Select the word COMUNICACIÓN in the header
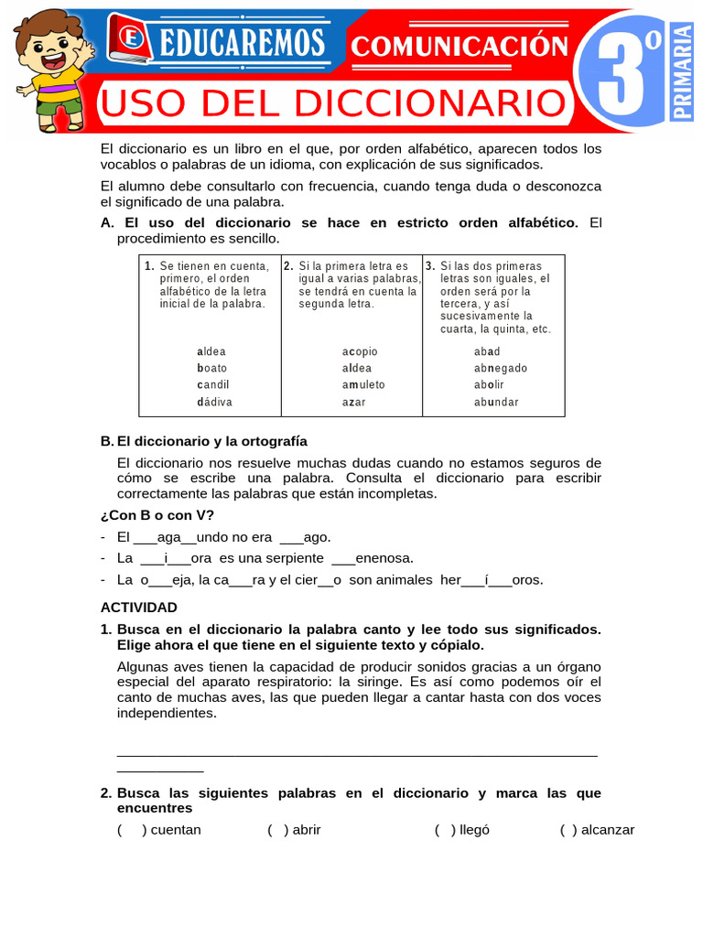pyautogui.click(x=460, y=45)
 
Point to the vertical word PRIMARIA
pyautogui.click(x=682, y=71)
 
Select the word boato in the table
pyautogui.click(x=212, y=368)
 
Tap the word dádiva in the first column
pyautogui.click(x=214, y=402)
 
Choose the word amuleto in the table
pyautogui.click(x=363, y=385)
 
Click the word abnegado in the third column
pyautogui.click(x=501, y=368)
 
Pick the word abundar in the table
pyautogui.click(x=496, y=402)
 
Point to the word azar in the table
pyautogui.click(x=353, y=402)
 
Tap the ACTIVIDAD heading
pyautogui.click(x=138, y=607)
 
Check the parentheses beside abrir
pyautogui.click(x=278, y=830)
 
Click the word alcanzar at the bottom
pyautogui.click(x=608, y=830)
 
